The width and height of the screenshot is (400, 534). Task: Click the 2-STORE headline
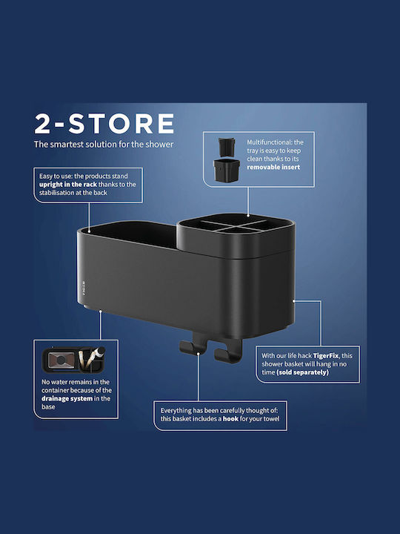click(104, 124)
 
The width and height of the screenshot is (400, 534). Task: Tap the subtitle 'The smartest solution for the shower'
click(104, 145)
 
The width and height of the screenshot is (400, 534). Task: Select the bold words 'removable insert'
click(273, 167)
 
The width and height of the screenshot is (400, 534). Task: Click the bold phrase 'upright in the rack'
click(68, 185)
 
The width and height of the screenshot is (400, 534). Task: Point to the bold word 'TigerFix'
click(326, 355)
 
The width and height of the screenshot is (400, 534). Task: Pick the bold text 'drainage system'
click(67, 398)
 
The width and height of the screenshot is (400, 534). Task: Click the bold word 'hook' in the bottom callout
click(230, 419)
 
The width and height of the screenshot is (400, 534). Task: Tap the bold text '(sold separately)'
click(303, 372)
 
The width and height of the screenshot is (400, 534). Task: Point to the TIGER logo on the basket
click(84, 288)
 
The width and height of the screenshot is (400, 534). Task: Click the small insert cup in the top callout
click(227, 147)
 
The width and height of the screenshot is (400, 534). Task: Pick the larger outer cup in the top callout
click(227, 171)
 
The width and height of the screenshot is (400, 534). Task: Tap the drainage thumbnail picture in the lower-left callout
click(73, 360)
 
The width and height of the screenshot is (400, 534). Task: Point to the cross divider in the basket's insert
click(233, 225)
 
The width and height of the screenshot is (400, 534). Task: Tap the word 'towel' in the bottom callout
click(271, 419)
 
